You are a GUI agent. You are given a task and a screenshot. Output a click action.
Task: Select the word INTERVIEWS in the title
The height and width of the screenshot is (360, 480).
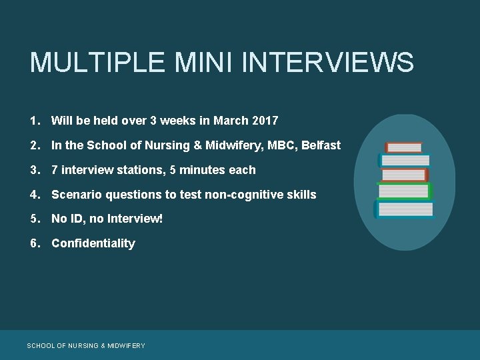(x=328, y=63)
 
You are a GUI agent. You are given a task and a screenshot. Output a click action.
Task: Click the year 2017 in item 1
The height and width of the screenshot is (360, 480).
(x=265, y=121)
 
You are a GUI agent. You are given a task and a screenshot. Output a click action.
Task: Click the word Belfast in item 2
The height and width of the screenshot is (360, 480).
(x=321, y=145)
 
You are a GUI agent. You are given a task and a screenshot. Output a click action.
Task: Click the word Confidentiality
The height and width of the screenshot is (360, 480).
(x=93, y=243)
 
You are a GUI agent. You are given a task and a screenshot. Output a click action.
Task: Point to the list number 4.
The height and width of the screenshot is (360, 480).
(x=33, y=195)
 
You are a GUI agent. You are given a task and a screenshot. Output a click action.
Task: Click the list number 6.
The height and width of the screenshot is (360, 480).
(x=33, y=243)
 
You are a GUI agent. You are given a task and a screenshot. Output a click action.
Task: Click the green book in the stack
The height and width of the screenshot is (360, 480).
(x=405, y=191)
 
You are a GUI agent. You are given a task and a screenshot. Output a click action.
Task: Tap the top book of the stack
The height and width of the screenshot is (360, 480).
(x=405, y=147)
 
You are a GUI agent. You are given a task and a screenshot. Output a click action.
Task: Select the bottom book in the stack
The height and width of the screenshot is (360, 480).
(x=405, y=209)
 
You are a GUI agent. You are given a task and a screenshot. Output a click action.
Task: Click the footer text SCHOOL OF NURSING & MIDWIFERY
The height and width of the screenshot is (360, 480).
(x=85, y=345)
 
